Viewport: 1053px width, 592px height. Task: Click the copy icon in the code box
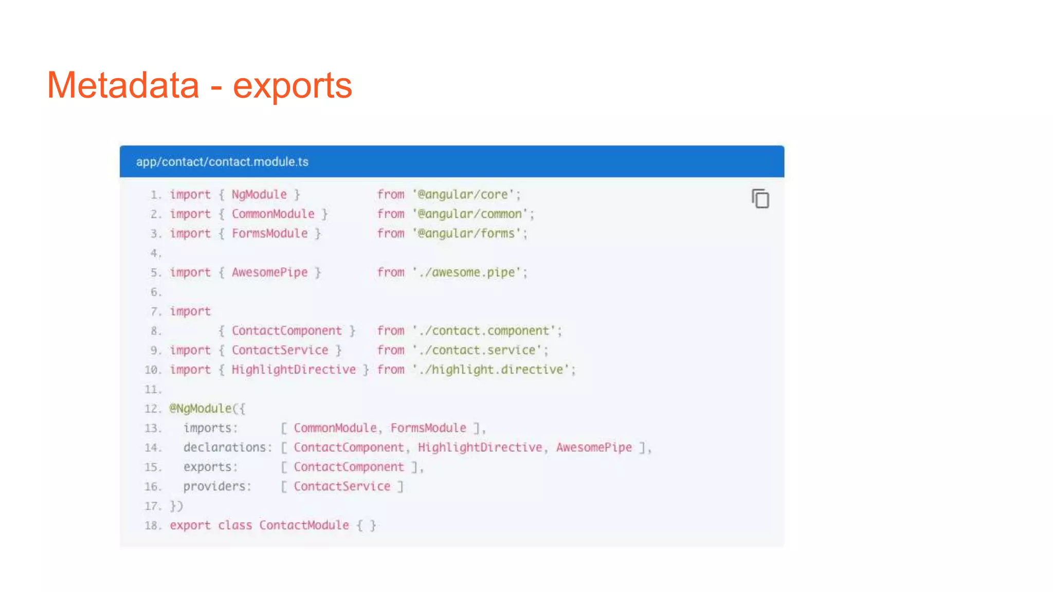click(x=760, y=199)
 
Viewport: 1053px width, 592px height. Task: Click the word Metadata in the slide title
click(x=123, y=85)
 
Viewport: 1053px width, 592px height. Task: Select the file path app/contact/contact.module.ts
click(x=222, y=162)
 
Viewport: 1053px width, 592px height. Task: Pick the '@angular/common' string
click(x=470, y=214)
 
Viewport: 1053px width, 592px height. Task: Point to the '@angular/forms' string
click(x=466, y=234)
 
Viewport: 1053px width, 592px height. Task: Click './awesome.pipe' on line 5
click(x=466, y=272)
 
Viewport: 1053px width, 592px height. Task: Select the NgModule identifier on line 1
click(x=259, y=195)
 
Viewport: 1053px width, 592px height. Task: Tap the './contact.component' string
click(x=484, y=331)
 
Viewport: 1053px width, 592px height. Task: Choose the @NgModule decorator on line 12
click(x=201, y=409)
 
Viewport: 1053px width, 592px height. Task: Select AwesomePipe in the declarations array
click(x=594, y=448)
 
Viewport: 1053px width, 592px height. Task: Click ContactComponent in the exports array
click(x=349, y=467)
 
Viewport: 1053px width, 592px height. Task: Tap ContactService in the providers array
click(x=342, y=487)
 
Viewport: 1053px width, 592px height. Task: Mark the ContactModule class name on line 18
click(x=304, y=526)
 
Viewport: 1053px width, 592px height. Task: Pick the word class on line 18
click(x=235, y=526)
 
